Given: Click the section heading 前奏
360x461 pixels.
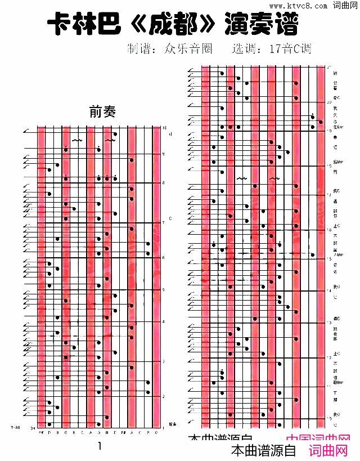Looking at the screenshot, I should coord(102,112).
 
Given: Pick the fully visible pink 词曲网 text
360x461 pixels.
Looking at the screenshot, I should coord(330,451).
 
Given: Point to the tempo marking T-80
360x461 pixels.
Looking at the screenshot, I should coord(15,427).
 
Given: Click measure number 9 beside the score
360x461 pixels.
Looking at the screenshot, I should coord(164,153).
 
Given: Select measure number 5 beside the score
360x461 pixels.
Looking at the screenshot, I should coord(164,289).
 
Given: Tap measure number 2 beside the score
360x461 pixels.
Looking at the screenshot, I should coord(164,396).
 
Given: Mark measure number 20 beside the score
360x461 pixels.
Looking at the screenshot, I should coord(329,102).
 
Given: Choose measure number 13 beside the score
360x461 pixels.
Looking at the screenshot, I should coord(329,323).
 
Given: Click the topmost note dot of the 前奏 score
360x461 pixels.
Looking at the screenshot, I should coord(115,134).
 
